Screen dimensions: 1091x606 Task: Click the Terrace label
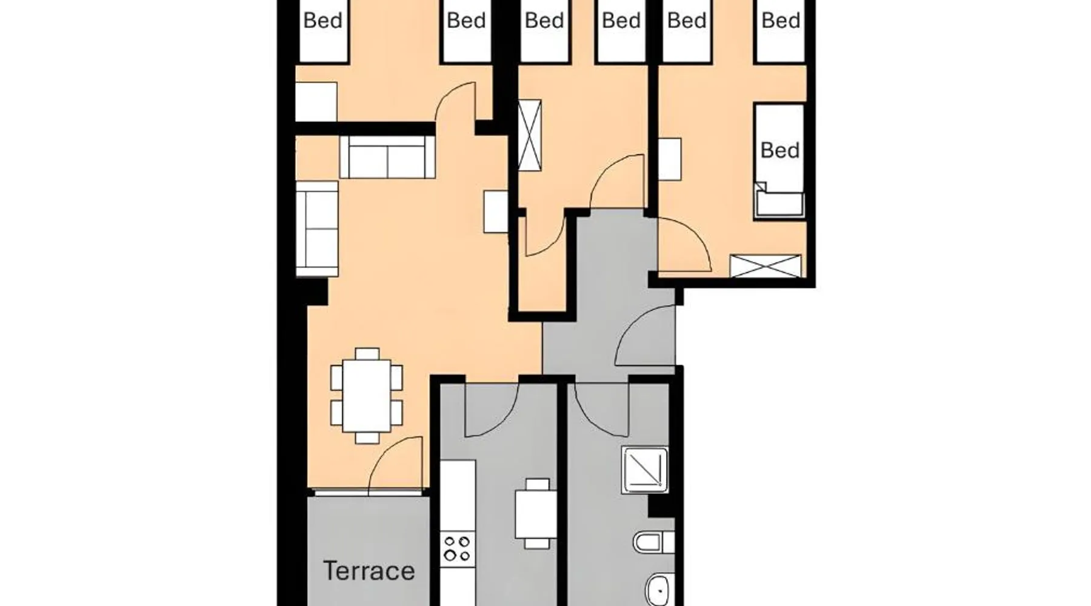(369, 571)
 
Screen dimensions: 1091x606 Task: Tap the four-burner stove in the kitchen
(457, 548)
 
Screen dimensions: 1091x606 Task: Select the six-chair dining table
(366, 396)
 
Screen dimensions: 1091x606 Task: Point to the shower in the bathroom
(645, 470)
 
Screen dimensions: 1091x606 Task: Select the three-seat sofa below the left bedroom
(387, 157)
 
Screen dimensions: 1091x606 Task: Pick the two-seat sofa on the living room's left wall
(317, 229)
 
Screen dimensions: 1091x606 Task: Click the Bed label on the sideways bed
(779, 150)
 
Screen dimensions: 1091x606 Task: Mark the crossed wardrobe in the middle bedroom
(530, 135)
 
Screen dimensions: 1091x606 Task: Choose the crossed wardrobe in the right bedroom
(766, 266)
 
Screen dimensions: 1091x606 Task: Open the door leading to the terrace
(395, 464)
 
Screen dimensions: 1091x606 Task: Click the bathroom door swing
(602, 409)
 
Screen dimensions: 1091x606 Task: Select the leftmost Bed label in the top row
(322, 21)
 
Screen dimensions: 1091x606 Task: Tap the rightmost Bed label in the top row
(781, 21)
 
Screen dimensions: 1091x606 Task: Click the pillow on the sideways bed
(779, 202)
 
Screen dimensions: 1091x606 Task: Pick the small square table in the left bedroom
(316, 102)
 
